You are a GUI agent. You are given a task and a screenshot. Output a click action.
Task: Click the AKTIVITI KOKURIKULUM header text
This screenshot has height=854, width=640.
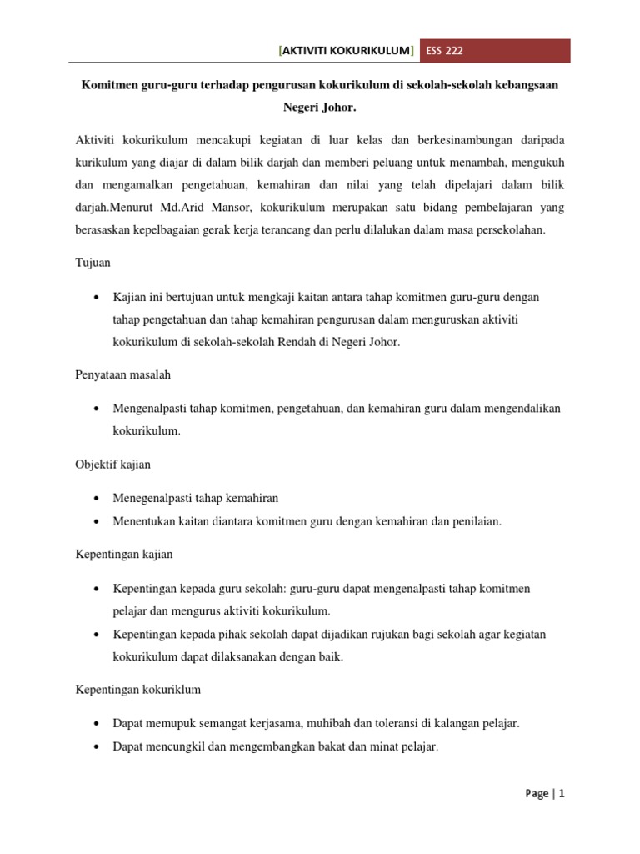click(x=347, y=52)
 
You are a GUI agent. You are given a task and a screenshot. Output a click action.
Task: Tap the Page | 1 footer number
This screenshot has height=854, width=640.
click(x=546, y=794)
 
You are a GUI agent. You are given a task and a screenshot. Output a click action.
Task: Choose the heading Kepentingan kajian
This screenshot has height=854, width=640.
click(x=124, y=554)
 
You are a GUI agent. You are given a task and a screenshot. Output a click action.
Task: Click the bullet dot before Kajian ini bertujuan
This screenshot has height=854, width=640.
click(x=98, y=298)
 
